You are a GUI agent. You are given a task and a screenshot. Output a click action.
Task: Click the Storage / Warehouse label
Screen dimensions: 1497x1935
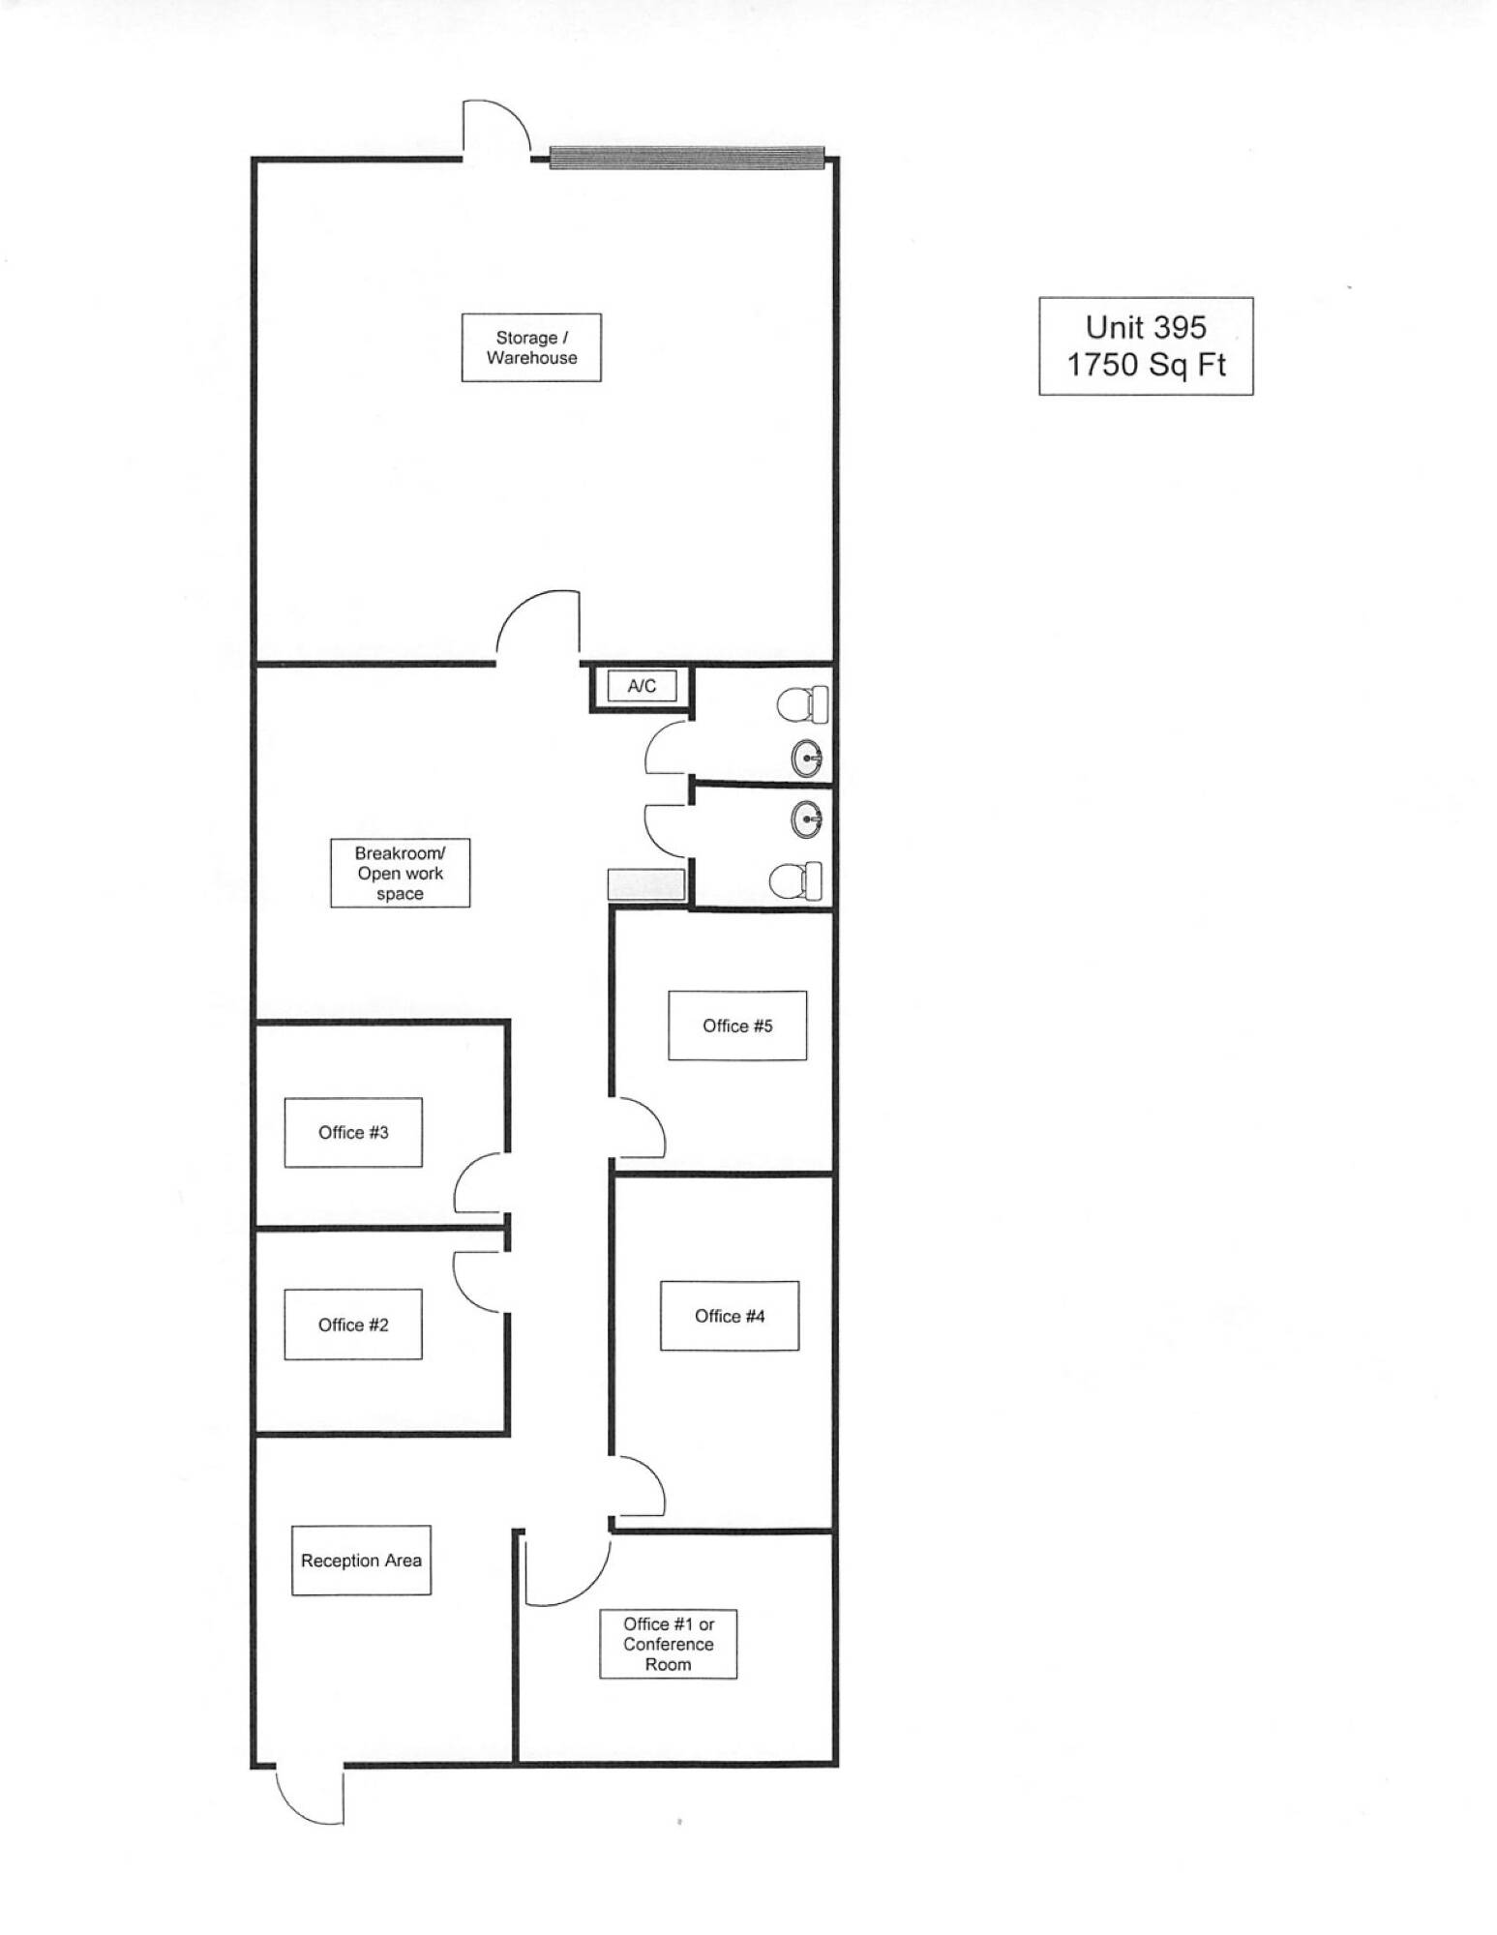(x=531, y=347)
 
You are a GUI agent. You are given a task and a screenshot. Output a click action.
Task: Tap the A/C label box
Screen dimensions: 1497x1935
(x=642, y=686)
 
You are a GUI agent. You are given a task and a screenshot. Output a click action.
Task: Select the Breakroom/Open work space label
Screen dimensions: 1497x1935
(x=400, y=873)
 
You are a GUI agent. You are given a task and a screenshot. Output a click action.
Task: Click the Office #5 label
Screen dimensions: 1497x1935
(x=737, y=1026)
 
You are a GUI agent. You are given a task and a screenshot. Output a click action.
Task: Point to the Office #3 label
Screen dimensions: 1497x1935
(x=353, y=1132)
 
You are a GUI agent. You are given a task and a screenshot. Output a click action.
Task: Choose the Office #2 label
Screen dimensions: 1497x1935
(x=353, y=1325)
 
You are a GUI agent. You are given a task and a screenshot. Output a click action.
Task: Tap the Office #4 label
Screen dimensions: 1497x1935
(x=730, y=1316)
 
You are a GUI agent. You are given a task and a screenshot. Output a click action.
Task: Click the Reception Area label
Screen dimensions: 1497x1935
(x=361, y=1561)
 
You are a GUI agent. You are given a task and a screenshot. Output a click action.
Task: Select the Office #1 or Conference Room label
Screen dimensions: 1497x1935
(x=668, y=1644)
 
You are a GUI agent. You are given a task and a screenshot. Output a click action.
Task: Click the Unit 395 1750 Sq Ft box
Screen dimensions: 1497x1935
(x=1146, y=346)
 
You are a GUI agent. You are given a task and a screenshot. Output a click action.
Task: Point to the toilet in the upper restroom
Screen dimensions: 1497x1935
(x=803, y=704)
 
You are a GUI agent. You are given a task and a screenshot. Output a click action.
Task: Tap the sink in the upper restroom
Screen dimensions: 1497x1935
(x=807, y=759)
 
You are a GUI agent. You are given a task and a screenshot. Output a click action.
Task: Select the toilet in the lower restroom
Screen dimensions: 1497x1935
(x=796, y=880)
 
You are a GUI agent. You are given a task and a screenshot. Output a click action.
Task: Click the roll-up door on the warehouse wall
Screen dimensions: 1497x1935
(x=687, y=157)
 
